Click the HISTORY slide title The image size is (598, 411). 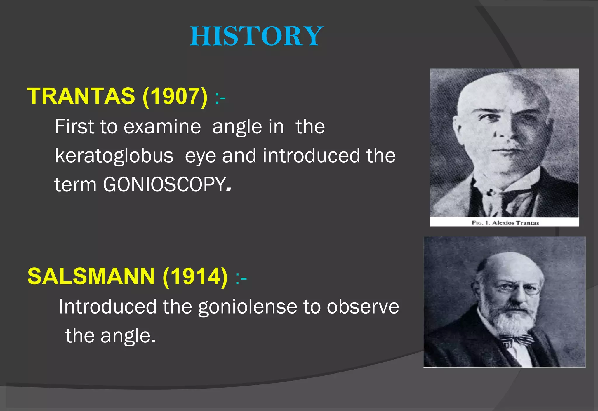click(x=256, y=36)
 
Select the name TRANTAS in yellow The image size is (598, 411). click(x=81, y=96)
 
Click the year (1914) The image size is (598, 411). click(x=195, y=276)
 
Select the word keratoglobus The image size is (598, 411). click(x=114, y=156)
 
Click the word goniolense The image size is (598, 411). click(x=248, y=307)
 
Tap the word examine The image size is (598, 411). click(x=162, y=127)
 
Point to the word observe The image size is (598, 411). click(x=363, y=307)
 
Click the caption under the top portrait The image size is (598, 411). click(x=505, y=223)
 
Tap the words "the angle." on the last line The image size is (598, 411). click(x=110, y=336)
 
